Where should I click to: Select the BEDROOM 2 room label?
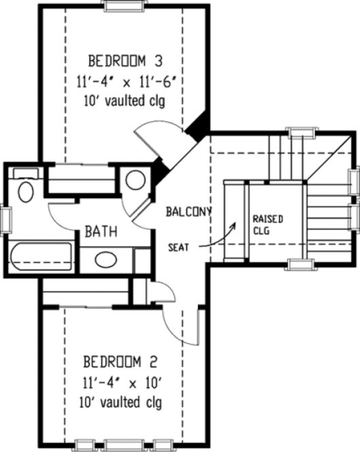[122, 360]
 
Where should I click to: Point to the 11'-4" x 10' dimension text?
[122, 381]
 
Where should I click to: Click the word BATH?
[101, 232]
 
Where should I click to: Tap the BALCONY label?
[189, 212]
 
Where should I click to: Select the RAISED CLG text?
[267, 224]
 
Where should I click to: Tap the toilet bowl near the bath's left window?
[26, 191]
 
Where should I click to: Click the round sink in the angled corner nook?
[135, 180]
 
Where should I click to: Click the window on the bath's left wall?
[5, 221]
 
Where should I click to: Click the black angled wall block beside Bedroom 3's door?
[198, 127]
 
